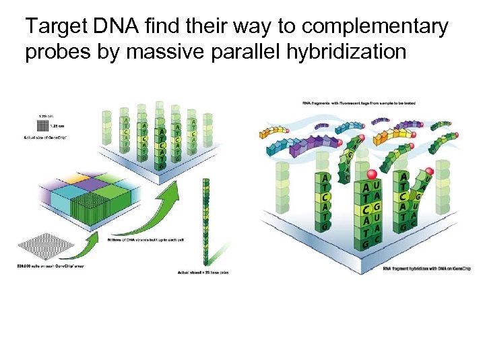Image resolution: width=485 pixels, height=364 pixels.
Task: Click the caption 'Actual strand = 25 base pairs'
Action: pyautogui.click(x=203, y=272)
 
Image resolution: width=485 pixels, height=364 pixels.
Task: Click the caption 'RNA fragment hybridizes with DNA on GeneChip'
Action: pyautogui.click(x=426, y=268)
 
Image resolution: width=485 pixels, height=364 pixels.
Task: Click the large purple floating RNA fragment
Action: pyautogui.click(x=317, y=142)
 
